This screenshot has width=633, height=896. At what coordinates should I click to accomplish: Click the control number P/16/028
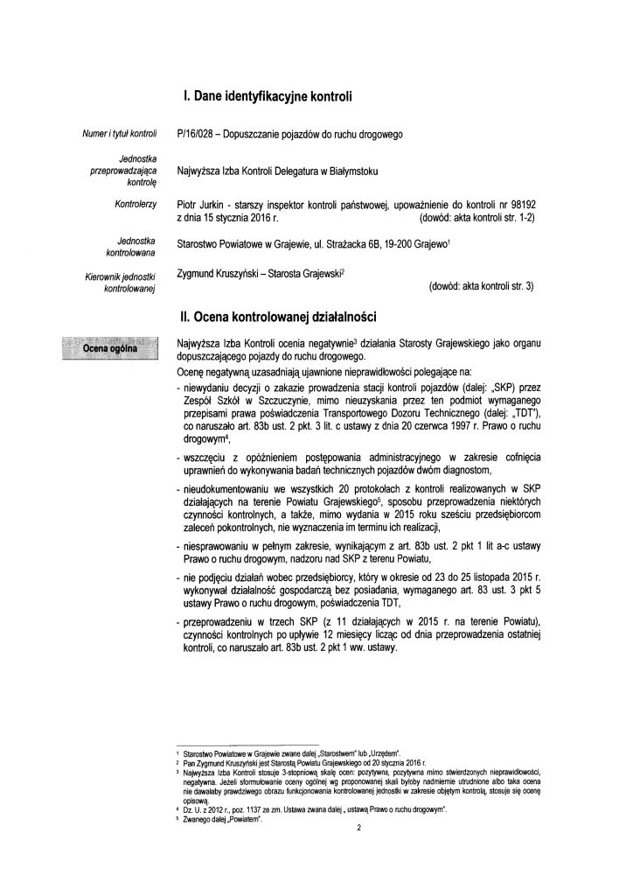coord(197,134)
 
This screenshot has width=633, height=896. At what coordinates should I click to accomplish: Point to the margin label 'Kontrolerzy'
coord(133,202)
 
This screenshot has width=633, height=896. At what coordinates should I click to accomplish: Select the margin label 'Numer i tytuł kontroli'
coord(118,134)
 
